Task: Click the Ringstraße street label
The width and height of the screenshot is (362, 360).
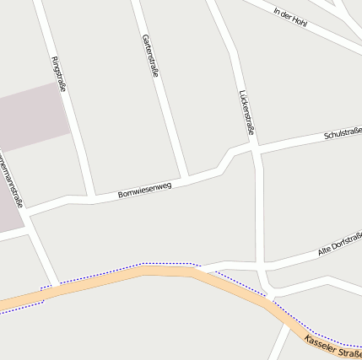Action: pyautogui.click(x=59, y=73)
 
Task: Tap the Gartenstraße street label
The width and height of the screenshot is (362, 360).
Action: pyautogui.click(x=151, y=56)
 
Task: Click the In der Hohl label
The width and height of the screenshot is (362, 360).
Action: pyautogui.click(x=290, y=17)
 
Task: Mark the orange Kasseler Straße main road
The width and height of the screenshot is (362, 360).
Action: pyautogui.click(x=169, y=271)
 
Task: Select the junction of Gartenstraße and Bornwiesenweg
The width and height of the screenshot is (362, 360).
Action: pyautogui.click(x=186, y=176)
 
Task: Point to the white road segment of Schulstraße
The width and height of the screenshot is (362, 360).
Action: pyautogui.click(x=295, y=142)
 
